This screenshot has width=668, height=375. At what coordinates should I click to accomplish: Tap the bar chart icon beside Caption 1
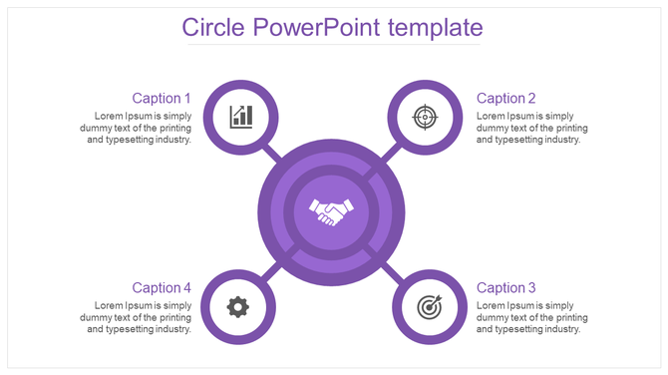240,117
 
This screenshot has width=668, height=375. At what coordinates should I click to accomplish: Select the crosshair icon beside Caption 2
425,117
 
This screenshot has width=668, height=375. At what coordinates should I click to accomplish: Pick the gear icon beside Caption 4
237,306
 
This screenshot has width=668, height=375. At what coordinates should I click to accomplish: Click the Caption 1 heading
162,98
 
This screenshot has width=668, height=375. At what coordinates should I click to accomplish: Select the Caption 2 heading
506,98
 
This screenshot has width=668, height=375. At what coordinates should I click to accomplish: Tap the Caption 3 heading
506,287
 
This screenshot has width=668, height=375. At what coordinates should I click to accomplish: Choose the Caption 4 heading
162,287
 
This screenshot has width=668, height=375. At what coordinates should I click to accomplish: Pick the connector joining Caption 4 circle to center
270,271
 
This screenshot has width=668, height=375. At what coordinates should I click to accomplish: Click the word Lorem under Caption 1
110,116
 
